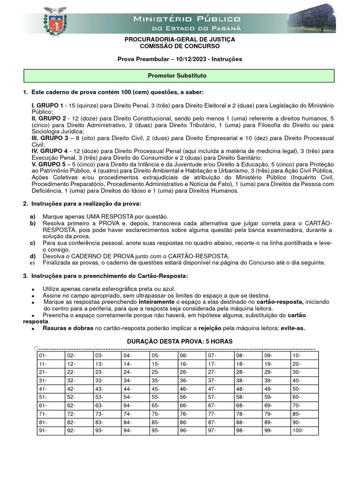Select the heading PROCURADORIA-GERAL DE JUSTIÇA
(180, 40)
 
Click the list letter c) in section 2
(32, 243)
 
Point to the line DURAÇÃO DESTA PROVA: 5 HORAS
(180, 341)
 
